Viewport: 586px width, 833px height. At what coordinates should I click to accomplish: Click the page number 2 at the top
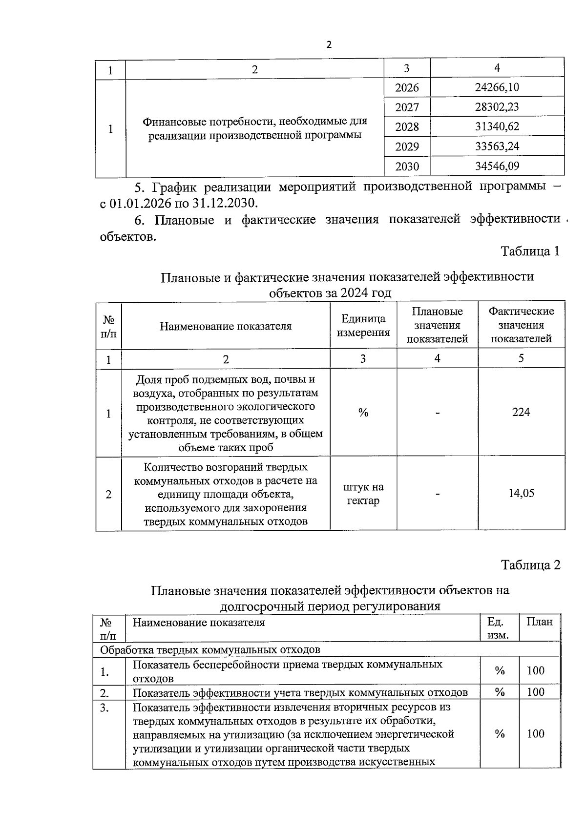click(328, 45)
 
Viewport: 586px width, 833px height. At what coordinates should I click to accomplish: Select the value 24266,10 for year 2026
click(497, 87)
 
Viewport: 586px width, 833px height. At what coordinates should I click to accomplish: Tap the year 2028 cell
click(407, 127)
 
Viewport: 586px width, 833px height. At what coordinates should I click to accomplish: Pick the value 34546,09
click(497, 166)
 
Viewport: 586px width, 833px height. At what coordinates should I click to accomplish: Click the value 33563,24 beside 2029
click(497, 146)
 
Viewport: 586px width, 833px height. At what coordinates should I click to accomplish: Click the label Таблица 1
click(530, 251)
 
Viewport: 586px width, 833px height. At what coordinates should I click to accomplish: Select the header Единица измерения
click(363, 326)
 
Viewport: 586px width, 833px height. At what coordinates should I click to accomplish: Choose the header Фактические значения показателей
click(521, 325)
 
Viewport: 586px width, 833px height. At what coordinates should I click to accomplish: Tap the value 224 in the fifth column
click(521, 412)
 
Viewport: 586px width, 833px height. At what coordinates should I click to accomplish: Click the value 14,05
click(521, 493)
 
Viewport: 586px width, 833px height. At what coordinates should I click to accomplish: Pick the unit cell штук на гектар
click(363, 494)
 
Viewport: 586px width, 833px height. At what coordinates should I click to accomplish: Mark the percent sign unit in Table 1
click(363, 413)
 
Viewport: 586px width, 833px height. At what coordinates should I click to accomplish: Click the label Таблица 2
click(530, 565)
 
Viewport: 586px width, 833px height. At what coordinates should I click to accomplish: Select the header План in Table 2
click(539, 622)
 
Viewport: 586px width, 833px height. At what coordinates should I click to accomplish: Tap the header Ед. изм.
click(498, 628)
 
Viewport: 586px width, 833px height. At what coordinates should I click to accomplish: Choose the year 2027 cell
click(407, 107)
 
